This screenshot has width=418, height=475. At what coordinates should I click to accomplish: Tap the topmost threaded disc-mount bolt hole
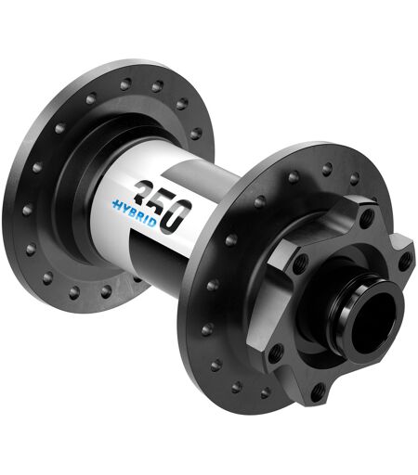point(367,215)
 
